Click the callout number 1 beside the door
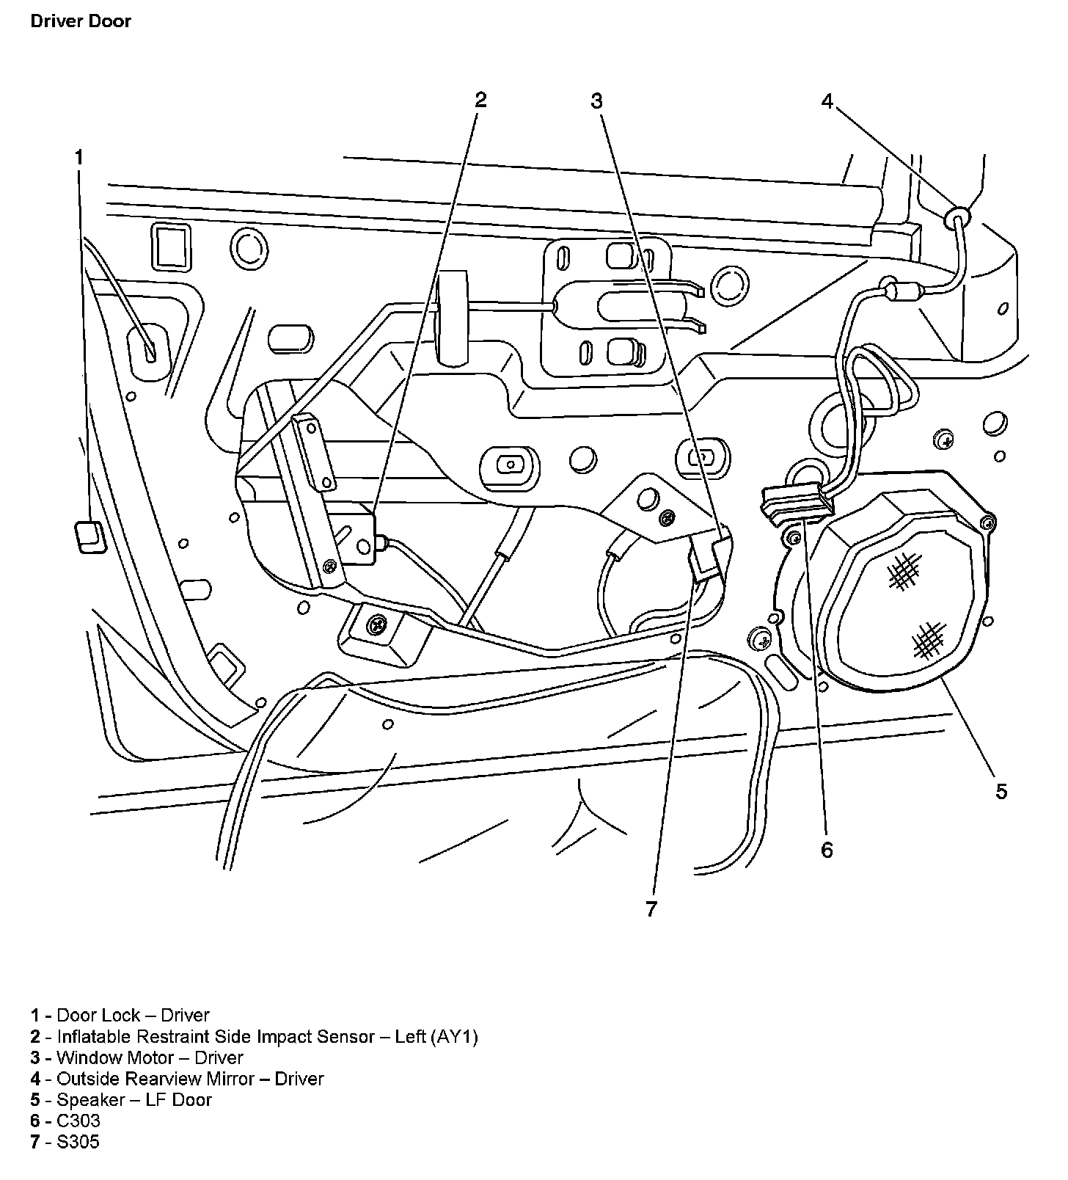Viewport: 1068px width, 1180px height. pyautogui.click(x=78, y=157)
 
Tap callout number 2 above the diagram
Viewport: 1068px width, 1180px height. pyautogui.click(x=480, y=99)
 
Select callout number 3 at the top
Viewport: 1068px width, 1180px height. pyautogui.click(x=596, y=101)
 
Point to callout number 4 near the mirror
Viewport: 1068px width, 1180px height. pyautogui.click(x=827, y=101)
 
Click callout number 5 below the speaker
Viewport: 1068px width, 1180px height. pyautogui.click(x=1001, y=791)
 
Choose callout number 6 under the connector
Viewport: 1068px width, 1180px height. pyautogui.click(x=827, y=850)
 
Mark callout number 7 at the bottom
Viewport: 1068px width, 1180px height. pyautogui.click(x=651, y=909)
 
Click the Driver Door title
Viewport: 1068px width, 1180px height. pyautogui.click(x=81, y=21)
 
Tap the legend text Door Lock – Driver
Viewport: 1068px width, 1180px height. pyautogui.click(x=133, y=1015)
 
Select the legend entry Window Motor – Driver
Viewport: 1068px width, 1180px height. pyautogui.click(x=150, y=1057)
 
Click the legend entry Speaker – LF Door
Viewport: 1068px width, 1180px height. pyautogui.click(x=134, y=1100)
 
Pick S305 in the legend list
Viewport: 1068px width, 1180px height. pyautogui.click(x=78, y=1142)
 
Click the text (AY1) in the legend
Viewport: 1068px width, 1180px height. pyautogui.click(x=454, y=1036)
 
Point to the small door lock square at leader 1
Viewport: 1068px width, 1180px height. pyautogui.click(x=89, y=535)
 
